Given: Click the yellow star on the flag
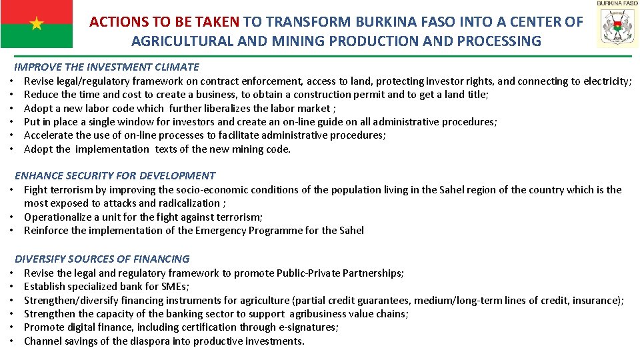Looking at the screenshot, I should click(37, 24).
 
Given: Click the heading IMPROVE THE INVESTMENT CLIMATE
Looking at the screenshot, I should click(107, 67).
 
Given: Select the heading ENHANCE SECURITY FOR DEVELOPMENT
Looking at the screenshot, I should click(115, 176).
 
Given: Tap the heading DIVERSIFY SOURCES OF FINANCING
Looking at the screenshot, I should click(102, 259).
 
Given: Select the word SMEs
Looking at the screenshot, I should click(175, 287).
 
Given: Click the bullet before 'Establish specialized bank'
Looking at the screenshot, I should click(13, 287).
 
